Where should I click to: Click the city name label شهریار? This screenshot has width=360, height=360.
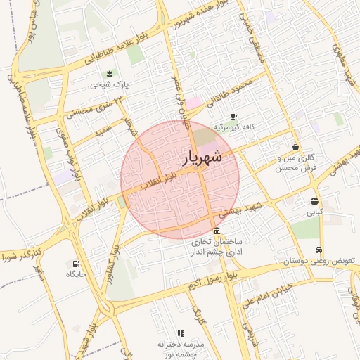point(202,158)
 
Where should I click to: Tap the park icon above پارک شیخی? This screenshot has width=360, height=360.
point(109,73)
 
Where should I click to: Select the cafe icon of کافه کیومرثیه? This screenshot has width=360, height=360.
point(233,116)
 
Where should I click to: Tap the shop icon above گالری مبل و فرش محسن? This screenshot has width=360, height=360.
point(295,147)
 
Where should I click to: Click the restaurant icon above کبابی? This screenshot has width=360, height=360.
point(313,200)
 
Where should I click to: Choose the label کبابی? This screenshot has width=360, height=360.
point(313,211)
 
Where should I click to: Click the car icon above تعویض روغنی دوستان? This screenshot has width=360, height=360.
point(319,250)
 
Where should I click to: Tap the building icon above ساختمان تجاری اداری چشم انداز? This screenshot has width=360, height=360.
point(216,231)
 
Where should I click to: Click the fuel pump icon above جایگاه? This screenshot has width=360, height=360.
point(75,264)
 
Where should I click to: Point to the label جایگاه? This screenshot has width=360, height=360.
point(75,274)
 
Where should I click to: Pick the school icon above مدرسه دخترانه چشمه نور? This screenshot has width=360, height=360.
point(180,333)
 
